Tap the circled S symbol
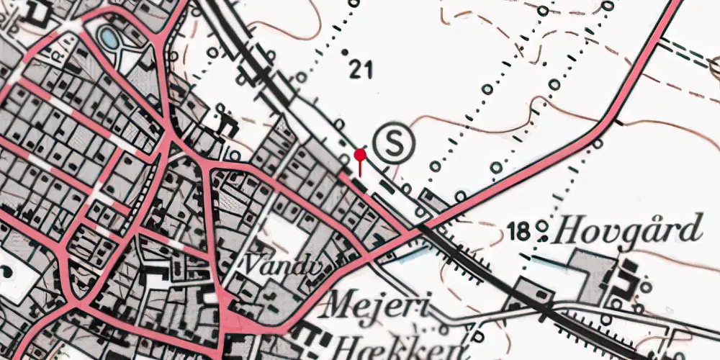coord(395,143)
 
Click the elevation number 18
coord(518,232)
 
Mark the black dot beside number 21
coord(345,52)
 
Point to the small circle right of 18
coord(542,232)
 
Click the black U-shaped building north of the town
coord(229,124)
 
